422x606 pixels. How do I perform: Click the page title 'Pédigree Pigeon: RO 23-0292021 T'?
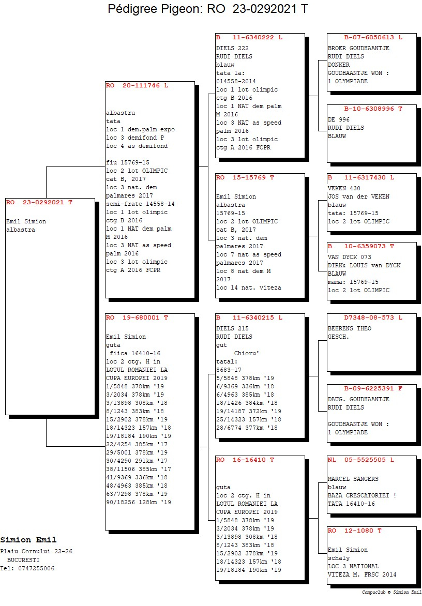[207, 8]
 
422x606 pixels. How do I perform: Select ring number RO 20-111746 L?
[137, 85]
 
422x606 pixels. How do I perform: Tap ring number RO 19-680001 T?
[137, 317]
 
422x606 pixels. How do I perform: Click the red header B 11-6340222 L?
[249, 37]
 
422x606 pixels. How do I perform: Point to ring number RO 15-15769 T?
[245, 177]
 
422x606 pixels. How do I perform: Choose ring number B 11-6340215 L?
[249, 317]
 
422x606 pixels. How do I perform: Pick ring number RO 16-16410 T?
[245, 460]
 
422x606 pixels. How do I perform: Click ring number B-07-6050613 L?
[373, 37]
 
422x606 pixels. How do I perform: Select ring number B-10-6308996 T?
[373, 109]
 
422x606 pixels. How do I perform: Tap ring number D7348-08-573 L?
[373, 317]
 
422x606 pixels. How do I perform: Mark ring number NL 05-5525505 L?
[361, 460]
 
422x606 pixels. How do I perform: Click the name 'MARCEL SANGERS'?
[353, 479]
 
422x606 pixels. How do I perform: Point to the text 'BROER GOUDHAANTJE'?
[358, 48]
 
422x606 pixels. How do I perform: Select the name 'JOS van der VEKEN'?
[358, 196]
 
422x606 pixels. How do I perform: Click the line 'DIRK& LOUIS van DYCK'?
[364, 265]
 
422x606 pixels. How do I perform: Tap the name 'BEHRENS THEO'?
[350, 328]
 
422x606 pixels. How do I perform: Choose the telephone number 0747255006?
[36, 568]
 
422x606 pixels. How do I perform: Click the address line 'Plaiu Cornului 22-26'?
[36, 551]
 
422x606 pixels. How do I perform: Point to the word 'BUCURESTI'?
[23, 560]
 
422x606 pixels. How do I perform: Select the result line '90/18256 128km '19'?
[139, 502]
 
